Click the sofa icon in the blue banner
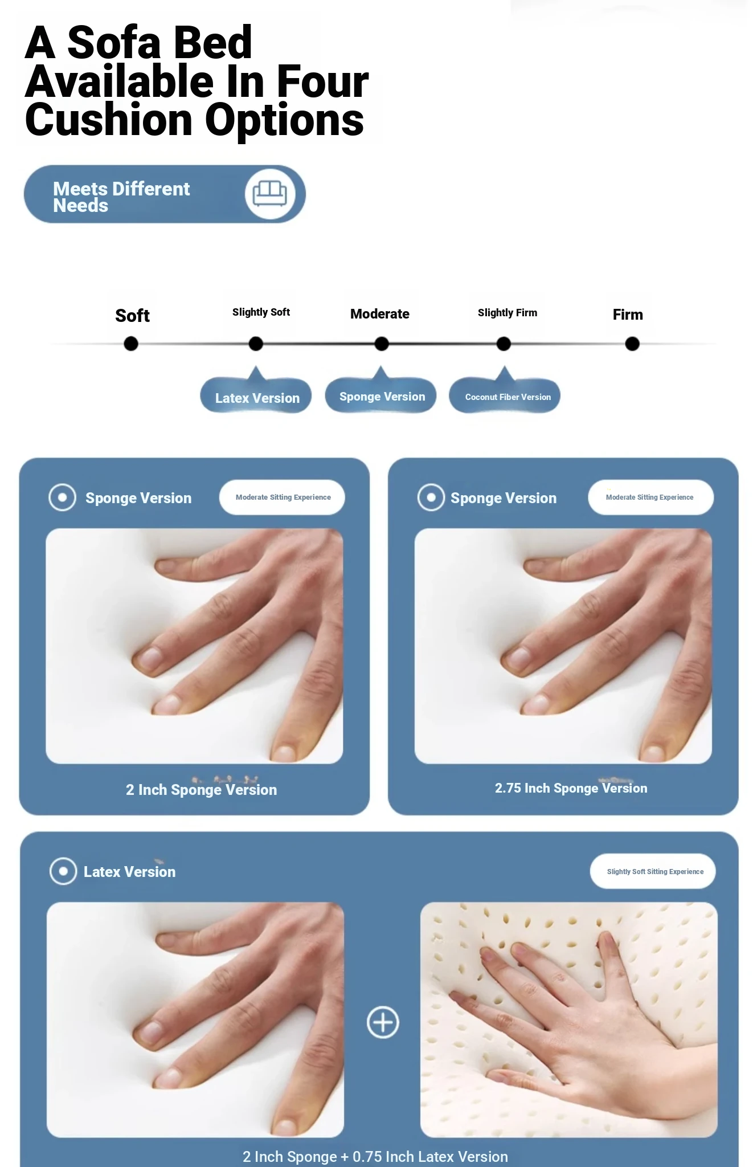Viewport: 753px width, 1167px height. click(269, 194)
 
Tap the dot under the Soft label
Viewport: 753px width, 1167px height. click(131, 344)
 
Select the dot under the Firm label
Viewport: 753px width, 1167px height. click(632, 344)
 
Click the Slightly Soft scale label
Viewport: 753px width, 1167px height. click(261, 312)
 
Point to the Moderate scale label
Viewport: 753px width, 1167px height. click(379, 314)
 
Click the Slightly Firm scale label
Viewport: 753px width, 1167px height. click(507, 313)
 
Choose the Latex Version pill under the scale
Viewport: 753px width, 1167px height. click(256, 397)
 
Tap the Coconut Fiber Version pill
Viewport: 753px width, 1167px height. click(507, 397)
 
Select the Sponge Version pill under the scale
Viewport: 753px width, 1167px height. click(382, 396)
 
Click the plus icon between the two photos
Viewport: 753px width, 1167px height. click(383, 1022)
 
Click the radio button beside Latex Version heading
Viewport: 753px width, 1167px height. click(63, 871)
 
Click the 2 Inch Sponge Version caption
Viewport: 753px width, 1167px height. click(201, 790)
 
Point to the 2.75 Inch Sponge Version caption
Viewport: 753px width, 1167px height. click(571, 788)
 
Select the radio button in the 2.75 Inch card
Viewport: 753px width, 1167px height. click(431, 497)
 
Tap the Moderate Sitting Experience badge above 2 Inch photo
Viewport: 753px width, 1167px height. click(283, 497)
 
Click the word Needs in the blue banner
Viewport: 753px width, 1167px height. click(80, 206)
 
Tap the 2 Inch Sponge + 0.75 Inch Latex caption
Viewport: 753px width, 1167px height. click(375, 1157)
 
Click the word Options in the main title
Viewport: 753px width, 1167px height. click(284, 120)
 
